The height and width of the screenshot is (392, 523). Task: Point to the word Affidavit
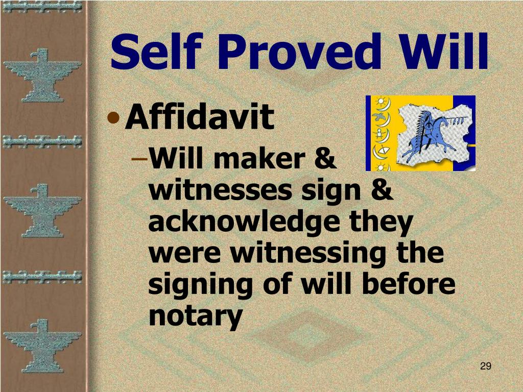[200, 117]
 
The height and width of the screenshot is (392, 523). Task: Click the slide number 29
[485, 365]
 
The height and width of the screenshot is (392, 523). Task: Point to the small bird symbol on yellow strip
[379, 117]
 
